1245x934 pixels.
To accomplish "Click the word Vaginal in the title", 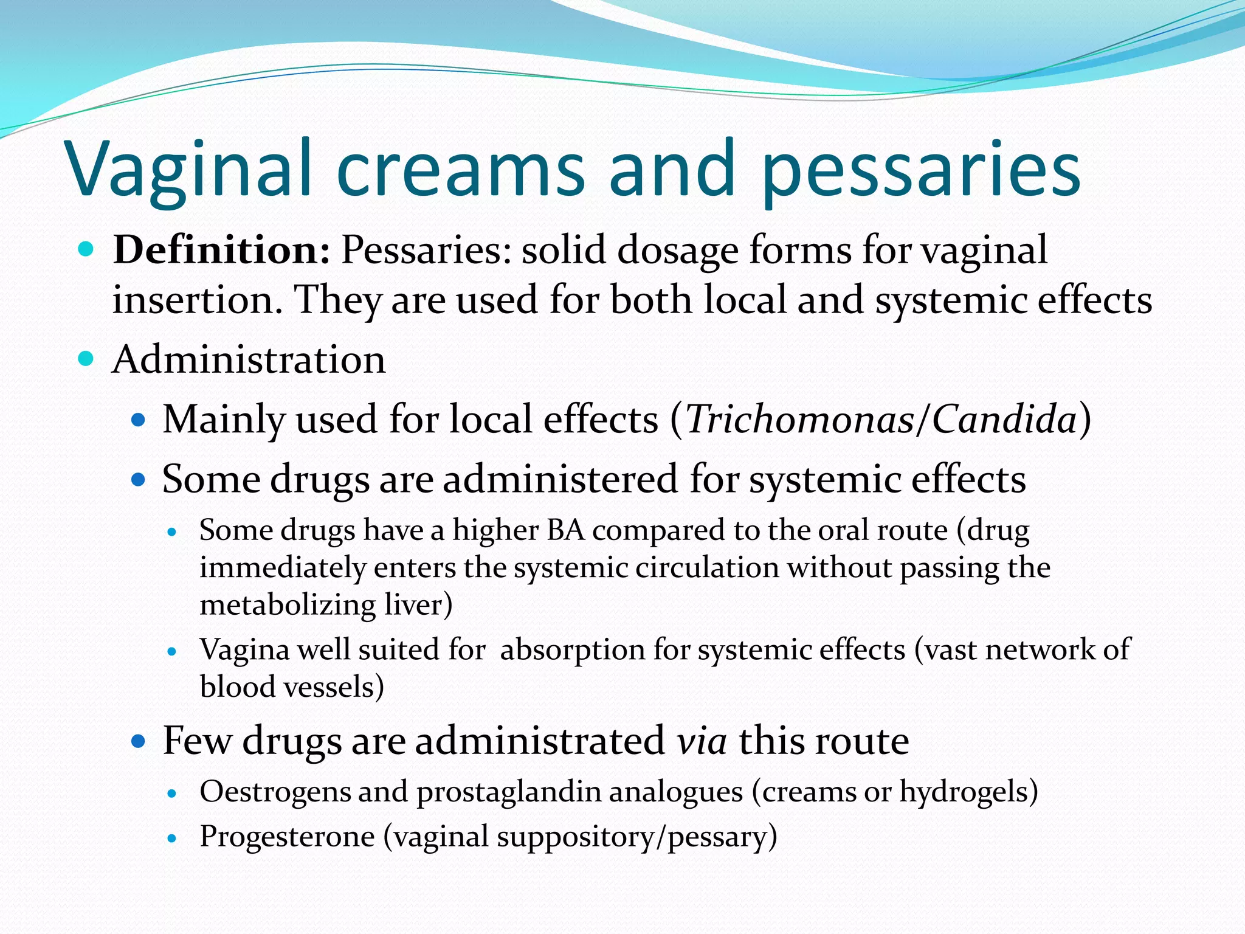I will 188,170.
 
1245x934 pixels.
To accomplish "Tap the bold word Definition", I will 221,250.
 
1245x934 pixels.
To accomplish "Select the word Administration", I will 249,359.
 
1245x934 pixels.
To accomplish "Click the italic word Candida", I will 1004,420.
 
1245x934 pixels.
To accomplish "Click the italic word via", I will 702,741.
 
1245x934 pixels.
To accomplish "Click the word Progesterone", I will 287,837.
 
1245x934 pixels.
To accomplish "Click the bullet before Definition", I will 86,249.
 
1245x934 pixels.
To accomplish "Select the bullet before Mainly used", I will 139,420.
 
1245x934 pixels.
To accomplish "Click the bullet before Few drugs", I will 139,741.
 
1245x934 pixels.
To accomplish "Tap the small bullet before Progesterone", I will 172,838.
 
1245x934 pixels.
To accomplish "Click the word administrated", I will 540,741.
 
